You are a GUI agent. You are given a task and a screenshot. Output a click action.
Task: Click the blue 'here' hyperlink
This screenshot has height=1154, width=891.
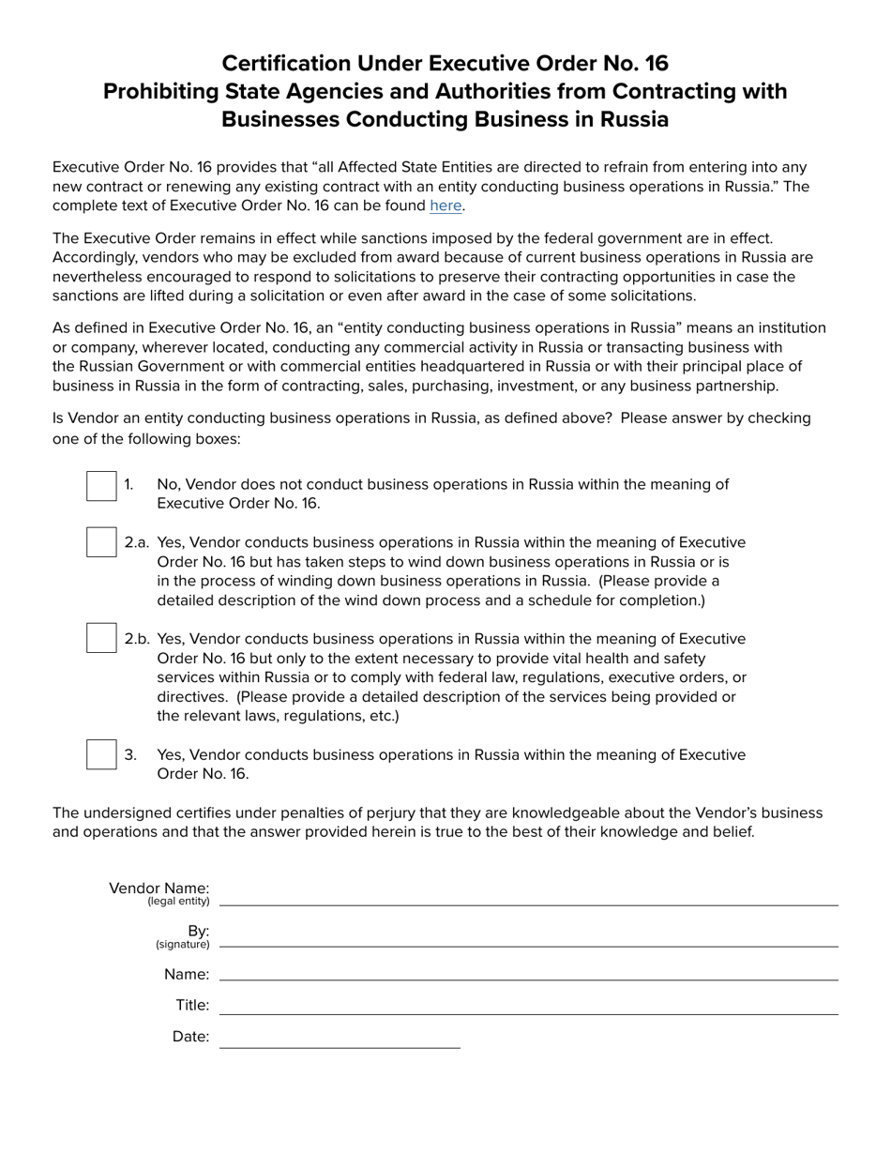pos(445,205)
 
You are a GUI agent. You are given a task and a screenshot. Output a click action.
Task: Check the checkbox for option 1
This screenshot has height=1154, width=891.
pos(101,486)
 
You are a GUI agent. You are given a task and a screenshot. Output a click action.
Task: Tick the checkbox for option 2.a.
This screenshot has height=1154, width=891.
pos(101,542)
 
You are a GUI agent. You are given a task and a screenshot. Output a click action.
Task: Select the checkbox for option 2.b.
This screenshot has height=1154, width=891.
pos(101,638)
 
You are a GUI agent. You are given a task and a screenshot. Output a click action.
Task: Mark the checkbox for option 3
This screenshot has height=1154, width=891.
pos(101,754)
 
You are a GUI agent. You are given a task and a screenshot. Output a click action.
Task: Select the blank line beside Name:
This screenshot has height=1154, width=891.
pos(528,972)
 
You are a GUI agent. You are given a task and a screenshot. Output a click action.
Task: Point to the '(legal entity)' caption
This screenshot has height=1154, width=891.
pos(178,902)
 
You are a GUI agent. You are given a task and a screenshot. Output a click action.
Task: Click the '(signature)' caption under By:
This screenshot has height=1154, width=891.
pos(183,945)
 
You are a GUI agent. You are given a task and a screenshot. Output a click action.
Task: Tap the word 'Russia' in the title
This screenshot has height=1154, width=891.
pos(633,119)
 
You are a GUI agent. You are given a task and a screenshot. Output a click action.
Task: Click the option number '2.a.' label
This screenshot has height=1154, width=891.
pos(137,542)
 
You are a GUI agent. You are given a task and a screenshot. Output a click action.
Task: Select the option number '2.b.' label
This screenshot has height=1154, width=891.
pos(137,639)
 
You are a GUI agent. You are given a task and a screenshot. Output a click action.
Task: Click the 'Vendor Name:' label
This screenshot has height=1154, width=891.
pos(159,888)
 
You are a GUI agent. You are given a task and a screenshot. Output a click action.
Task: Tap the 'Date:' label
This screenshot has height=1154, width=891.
pos(190,1037)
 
